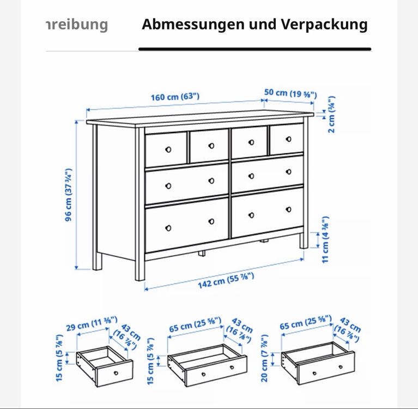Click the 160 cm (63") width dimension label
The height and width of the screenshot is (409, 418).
(x=175, y=97)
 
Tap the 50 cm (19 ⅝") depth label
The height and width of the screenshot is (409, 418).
(x=290, y=93)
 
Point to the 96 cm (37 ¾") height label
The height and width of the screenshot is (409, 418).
(x=69, y=195)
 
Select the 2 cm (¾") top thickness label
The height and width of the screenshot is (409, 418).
(x=331, y=115)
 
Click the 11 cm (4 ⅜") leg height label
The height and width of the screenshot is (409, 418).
(x=325, y=239)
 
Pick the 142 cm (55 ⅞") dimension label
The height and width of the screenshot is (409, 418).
(x=226, y=281)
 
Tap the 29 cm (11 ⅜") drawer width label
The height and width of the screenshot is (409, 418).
(x=92, y=323)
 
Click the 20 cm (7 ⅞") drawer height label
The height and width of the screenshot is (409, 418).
(x=264, y=358)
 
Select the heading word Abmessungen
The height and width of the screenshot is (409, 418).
(x=193, y=25)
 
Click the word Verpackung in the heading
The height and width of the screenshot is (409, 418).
(x=324, y=25)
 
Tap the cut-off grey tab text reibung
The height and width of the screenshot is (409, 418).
(x=77, y=25)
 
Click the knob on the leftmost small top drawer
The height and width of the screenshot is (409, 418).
(x=168, y=149)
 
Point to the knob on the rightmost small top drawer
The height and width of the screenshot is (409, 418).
(x=288, y=139)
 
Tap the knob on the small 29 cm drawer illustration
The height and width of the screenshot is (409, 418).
(x=116, y=372)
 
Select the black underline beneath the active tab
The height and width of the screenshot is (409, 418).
(x=255, y=49)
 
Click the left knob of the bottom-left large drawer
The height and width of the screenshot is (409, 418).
(x=168, y=228)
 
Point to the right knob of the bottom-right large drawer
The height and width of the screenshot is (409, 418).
(x=288, y=209)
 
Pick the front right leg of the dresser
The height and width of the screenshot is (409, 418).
(x=304, y=240)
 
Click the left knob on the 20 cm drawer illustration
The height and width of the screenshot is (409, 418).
(x=314, y=373)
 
